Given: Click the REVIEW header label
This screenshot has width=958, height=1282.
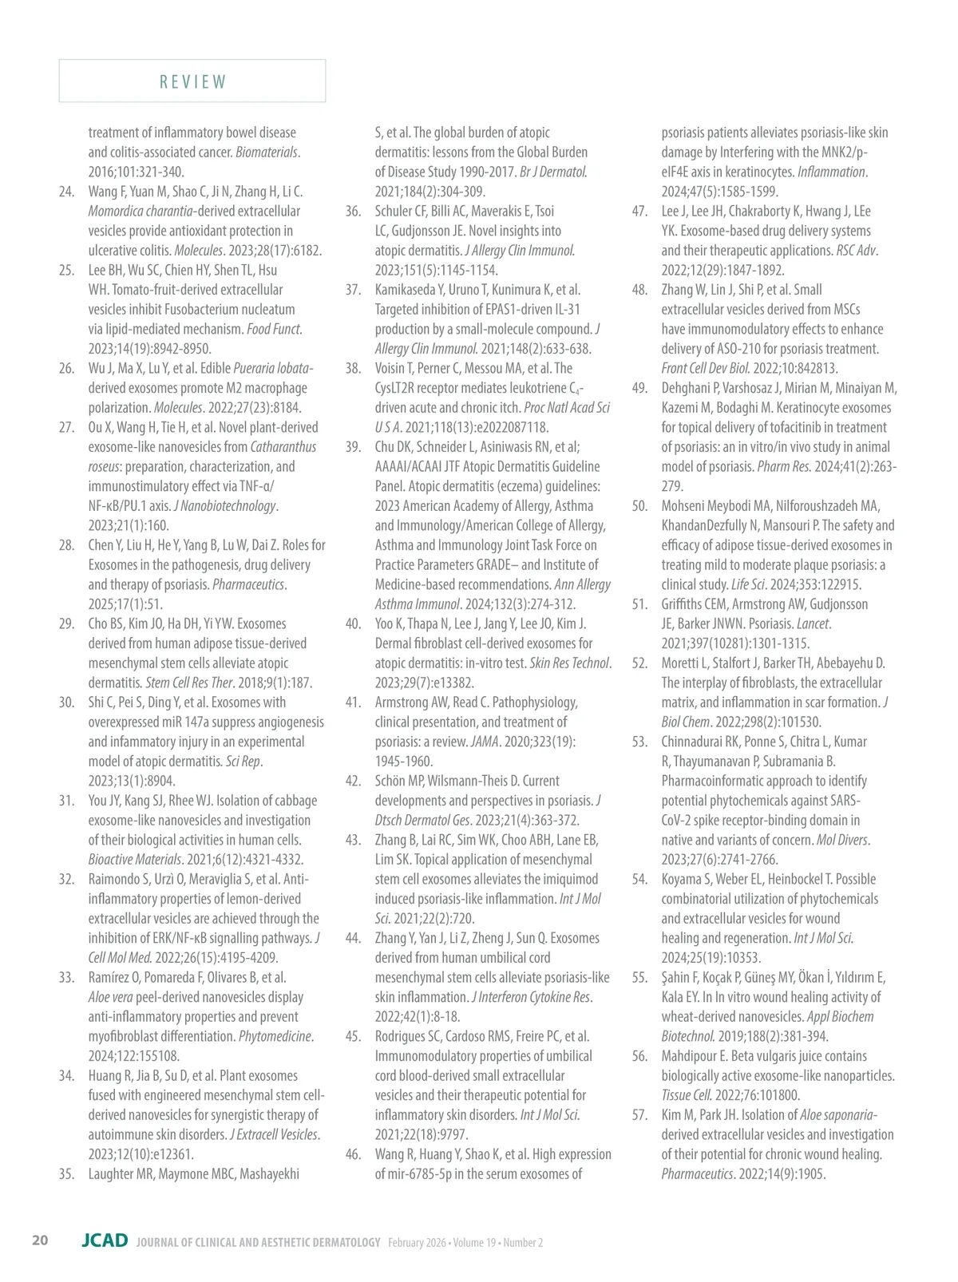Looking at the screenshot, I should [x=192, y=81].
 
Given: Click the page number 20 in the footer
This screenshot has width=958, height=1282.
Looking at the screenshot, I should [x=40, y=1240].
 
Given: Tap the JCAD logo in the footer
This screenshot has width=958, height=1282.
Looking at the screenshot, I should [x=105, y=1240].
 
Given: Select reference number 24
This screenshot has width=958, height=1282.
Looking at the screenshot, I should [x=66, y=192].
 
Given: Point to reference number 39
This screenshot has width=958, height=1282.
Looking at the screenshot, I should [x=353, y=447].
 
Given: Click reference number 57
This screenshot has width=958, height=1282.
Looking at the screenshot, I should [x=639, y=1115].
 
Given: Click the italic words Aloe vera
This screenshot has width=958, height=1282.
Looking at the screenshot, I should [x=110, y=997].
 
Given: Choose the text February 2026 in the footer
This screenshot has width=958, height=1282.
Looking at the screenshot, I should [x=417, y=1242].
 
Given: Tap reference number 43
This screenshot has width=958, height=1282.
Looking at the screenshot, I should [x=353, y=840].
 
